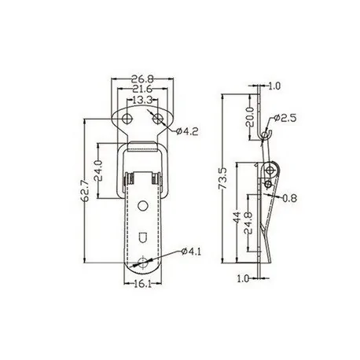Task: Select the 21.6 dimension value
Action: click(x=141, y=89)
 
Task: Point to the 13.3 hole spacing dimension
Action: click(x=141, y=101)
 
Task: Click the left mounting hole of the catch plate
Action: click(x=124, y=119)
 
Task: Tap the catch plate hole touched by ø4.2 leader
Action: click(x=160, y=119)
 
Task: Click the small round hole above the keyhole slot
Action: click(x=142, y=206)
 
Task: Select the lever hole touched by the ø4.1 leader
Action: click(x=142, y=262)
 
